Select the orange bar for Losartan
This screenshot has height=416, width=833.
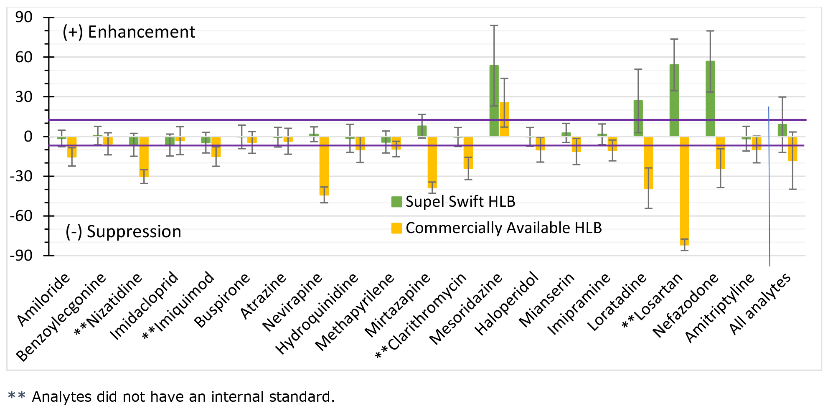[684, 190]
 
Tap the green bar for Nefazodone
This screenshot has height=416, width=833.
[710, 99]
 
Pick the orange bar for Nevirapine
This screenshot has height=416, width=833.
[324, 166]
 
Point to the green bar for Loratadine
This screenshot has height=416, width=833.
[638, 118]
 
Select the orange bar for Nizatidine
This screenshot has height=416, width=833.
[144, 157]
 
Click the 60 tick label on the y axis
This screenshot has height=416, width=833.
[24, 57]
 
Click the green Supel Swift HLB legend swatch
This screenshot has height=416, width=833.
[396, 202]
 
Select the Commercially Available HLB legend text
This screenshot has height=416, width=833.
[503, 228]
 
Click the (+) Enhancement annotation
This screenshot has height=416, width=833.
[129, 32]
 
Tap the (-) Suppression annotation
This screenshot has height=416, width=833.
[123, 232]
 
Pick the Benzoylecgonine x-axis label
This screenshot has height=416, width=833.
[61, 317]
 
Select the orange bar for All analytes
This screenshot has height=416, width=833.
[792, 149]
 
